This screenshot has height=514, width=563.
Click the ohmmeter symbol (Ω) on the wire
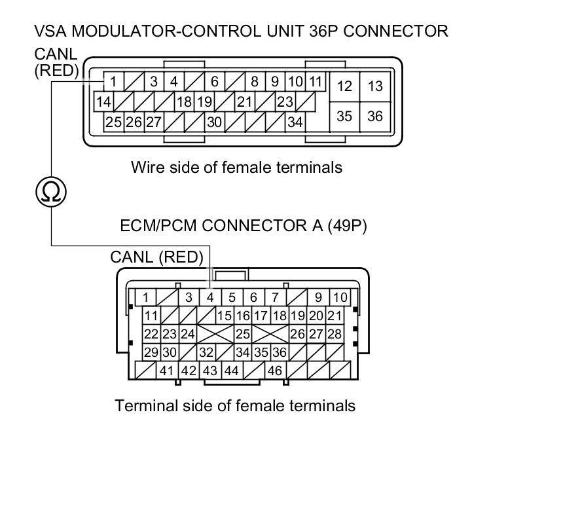click(51, 192)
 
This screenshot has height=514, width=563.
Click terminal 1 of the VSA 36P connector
click(113, 82)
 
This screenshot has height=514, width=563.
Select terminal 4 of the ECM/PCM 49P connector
click(210, 297)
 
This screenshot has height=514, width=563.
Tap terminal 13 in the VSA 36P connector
click(375, 86)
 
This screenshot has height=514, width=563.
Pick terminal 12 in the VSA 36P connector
click(344, 86)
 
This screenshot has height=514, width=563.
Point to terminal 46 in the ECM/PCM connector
click(274, 371)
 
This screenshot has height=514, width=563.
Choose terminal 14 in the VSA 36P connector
click(103, 101)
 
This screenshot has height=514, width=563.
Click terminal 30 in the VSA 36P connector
click(214, 121)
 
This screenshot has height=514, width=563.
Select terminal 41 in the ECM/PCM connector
click(166, 371)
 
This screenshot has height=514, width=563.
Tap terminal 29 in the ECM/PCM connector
click(151, 352)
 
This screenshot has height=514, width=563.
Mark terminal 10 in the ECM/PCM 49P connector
click(340, 297)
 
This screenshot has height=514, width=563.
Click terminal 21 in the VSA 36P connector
click(245, 101)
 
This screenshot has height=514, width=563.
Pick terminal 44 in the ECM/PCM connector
click(231, 371)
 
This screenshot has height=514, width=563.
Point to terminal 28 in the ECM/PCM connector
click(335, 334)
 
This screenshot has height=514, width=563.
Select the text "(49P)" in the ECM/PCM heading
click(348, 226)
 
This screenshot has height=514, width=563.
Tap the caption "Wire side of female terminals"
click(236, 167)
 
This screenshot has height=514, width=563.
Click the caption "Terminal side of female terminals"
click(235, 405)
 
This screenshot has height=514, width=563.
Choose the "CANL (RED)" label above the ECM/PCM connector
click(156, 257)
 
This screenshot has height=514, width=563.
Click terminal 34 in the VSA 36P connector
click(295, 121)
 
